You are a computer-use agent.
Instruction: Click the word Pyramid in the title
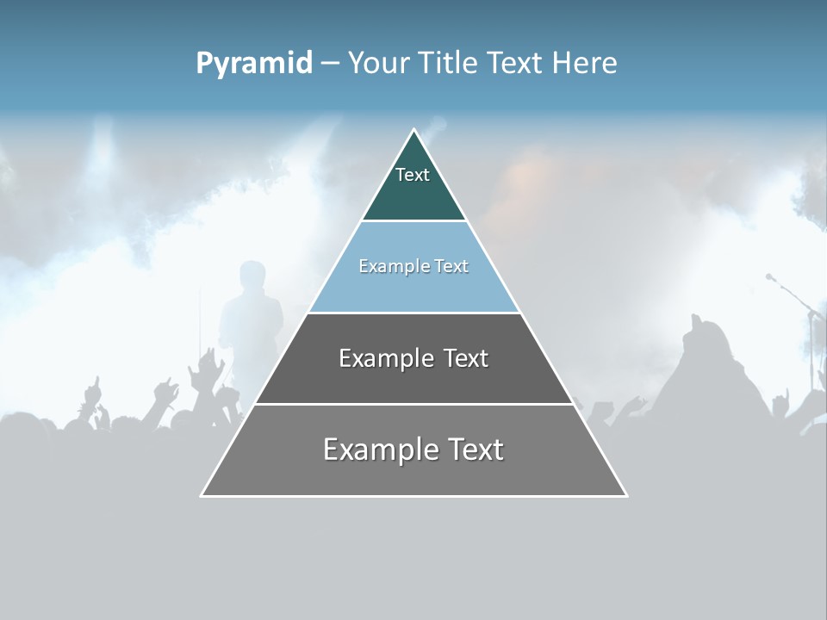pyautogui.click(x=254, y=63)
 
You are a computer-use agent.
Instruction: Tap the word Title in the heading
pyautogui.click(x=449, y=63)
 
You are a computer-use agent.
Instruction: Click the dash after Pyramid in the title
pyautogui.click(x=330, y=63)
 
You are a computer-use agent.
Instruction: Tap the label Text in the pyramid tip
pyautogui.click(x=413, y=175)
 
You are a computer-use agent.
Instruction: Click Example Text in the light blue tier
pyautogui.click(x=413, y=266)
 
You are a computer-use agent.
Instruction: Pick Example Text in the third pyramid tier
pyautogui.click(x=413, y=358)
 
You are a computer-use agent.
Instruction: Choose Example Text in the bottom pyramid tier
pyautogui.click(x=413, y=449)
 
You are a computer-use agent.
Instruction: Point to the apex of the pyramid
pyautogui.click(x=413, y=130)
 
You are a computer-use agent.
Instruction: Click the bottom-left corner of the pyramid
pyautogui.click(x=202, y=495)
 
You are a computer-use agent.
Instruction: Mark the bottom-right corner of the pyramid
pyautogui.click(x=626, y=495)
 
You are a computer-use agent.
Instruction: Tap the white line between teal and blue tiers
pyautogui.click(x=413, y=220)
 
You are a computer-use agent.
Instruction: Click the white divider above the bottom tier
pyautogui.click(x=413, y=404)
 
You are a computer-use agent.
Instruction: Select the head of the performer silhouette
pyautogui.click(x=252, y=276)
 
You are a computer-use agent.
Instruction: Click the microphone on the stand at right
pyautogui.click(x=770, y=277)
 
